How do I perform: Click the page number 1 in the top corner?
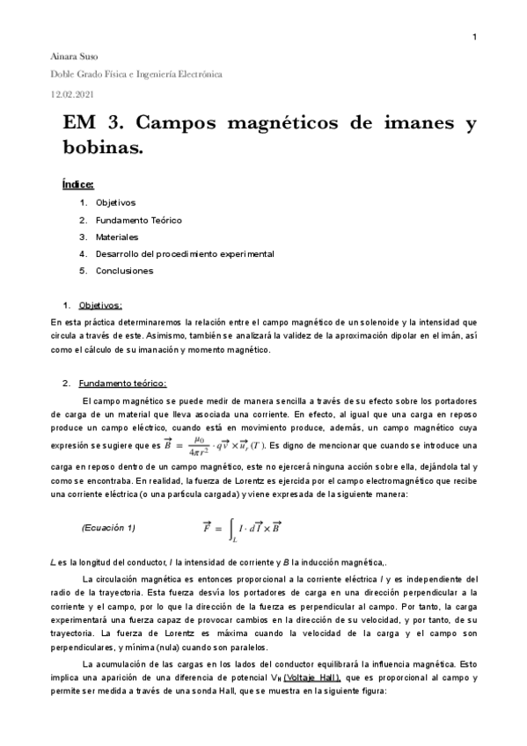click(475, 37)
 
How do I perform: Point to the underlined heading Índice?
click(78, 185)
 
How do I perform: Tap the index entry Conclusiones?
click(124, 270)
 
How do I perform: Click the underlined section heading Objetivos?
click(101, 305)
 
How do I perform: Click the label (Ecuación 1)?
click(108, 527)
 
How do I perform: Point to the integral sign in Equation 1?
click(231, 529)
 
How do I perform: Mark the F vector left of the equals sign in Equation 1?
click(209, 526)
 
